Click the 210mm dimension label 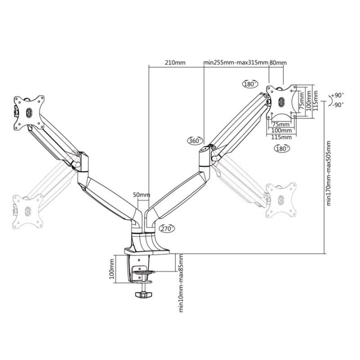pyautogui.click(x=175, y=63)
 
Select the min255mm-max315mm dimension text pyautogui.click(x=235, y=63)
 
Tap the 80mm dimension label pyautogui.click(x=278, y=63)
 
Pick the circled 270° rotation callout pyautogui.click(x=167, y=228)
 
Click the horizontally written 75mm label pyautogui.click(x=280, y=124)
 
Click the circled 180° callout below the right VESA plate pyautogui.click(x=282, y=148)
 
